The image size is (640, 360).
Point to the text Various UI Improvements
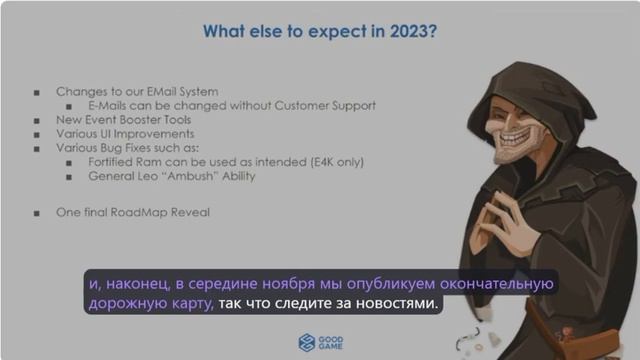pyautogui.click(x=125, y=134)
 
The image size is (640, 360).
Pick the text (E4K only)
pyautogui.click(x=334, y=162)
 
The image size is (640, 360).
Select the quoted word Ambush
pyautogui.click(x=205, y=176)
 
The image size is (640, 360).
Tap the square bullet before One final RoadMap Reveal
pyautogui.click(x=37, y=213)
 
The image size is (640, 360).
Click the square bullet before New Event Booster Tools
pyautogui.click(x=37, y=120)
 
